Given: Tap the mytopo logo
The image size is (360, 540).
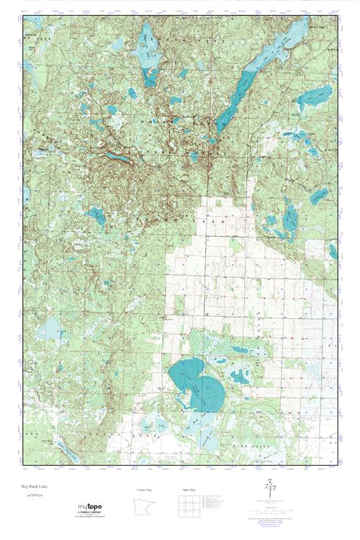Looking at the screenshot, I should pos(91,506).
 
